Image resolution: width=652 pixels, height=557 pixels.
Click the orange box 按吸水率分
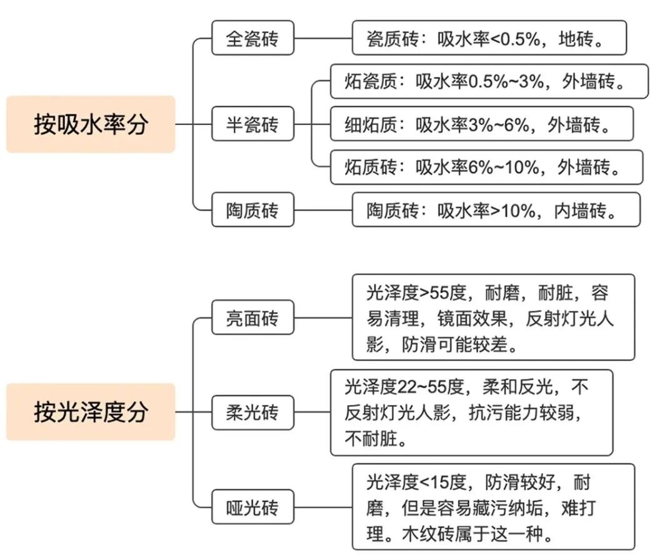(x=91, y=124)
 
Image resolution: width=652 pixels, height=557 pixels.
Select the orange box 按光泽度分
(x=91, y=412)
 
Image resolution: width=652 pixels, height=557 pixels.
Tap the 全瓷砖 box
(x=253, y=38)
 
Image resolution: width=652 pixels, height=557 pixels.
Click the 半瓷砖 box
(x=253, y=124)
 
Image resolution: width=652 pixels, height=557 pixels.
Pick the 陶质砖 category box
(x=253, y=209)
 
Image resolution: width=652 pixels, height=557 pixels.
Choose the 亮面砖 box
(x=253, y=318)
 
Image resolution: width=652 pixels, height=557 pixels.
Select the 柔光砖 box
(x=253, y=412)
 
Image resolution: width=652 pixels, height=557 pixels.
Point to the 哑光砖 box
(x=253, y=506)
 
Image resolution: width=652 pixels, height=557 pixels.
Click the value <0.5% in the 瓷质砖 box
(x=515, y=39)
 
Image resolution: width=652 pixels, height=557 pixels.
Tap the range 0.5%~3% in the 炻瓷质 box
(x=506, y=81)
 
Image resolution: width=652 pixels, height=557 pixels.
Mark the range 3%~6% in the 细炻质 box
(x=499, y=124)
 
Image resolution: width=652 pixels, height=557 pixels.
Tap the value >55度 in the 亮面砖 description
(x=443, y=293)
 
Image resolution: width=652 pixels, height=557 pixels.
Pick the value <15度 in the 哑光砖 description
(x=443, y=482)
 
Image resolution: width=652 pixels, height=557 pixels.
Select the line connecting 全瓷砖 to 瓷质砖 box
(x=323, y=38)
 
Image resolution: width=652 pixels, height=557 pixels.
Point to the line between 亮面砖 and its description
(x=323, y=318)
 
